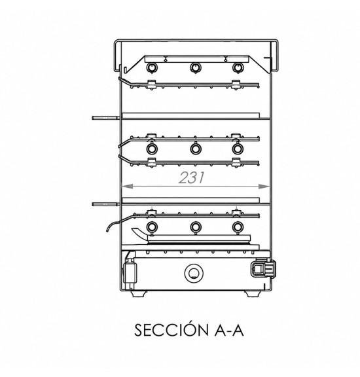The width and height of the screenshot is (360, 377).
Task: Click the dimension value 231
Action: [x=192, y=177]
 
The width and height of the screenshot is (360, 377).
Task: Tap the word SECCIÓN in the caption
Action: [x=171, y=330]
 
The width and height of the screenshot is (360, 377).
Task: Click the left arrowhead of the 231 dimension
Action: [x=128, y=186]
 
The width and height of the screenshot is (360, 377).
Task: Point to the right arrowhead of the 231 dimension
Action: [x=264, y=186]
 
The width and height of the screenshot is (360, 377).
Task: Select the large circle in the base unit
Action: [x=194, y=274]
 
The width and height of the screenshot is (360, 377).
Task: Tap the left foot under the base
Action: [x=139, y=294]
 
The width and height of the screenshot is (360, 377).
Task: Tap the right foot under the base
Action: [x=253, y=294]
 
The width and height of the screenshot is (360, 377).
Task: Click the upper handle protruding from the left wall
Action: [x=106, y=118]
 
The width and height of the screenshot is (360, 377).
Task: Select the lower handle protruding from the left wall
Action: [x=106, y=204]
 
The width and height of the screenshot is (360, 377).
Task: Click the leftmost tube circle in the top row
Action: [x=152, y=67]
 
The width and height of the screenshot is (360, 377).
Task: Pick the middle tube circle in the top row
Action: [x=196, y=67]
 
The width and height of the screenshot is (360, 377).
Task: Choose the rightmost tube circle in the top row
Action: [x=238, y=67]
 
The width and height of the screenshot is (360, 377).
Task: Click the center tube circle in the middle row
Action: [x=196, y=149]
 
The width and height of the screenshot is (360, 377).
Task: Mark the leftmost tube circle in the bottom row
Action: [x=152, y=227]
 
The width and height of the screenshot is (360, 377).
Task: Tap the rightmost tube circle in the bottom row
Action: [x=238, y=227]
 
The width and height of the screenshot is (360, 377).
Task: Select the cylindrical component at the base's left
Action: [x=130, y=272]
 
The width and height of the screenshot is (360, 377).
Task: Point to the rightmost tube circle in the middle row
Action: [x=238, y=149]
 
